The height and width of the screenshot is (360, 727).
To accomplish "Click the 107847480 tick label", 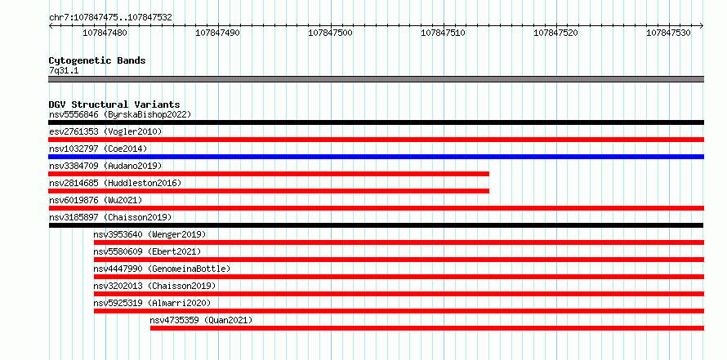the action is (x=105, y=33).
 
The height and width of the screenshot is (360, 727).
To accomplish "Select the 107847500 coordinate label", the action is (x=330, y=33).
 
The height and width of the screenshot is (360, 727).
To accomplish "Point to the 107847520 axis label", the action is (x=556, y=33).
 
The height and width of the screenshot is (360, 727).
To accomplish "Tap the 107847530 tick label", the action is (x=668, y=33).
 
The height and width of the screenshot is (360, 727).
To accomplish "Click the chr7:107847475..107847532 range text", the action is (x=111, y=18).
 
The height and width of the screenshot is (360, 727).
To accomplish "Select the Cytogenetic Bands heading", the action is (x=97, y=60).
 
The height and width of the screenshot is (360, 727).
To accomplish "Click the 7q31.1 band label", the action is (x=64, y=70).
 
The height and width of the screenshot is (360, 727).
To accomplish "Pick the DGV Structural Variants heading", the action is (x=114, y=104).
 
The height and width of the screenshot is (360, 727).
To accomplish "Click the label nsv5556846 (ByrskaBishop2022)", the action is (x=120, y=114).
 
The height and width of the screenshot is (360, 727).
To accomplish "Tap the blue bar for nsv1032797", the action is (x=376, y=157).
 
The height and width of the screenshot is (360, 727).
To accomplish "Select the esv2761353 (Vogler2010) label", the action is (x=105, y=131).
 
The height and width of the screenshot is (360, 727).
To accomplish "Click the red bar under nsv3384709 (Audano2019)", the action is (x=269, y=174).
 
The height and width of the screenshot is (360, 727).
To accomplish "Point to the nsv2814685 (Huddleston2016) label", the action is (x=115, y=183).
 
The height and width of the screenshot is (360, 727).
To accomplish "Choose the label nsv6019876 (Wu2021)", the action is (x=96, y=200).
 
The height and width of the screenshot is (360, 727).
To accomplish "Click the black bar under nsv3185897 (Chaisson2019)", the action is (x=376, y=225).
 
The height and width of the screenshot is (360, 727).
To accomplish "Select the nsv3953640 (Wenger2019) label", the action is (x=149, y=234).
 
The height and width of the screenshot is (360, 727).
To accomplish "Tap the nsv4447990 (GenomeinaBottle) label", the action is (x=162, y=269).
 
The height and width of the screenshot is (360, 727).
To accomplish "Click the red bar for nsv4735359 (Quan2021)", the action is (x=427, y=328).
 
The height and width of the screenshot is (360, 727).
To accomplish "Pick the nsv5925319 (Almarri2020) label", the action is (x=152, y=303).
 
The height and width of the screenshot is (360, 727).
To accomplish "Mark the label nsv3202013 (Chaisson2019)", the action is (x=155, y=286).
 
